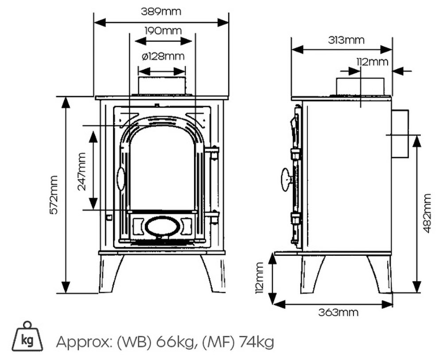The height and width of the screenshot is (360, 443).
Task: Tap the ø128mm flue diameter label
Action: tap(163, 56)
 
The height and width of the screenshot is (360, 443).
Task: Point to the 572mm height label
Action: tap(54, 195)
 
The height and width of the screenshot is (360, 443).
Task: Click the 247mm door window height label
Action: tap(82, 171)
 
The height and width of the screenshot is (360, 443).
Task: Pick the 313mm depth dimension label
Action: tap(346, 40)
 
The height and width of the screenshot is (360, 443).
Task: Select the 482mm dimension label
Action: tap(427, 213)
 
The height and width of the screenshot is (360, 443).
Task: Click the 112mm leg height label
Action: tap(260, 278)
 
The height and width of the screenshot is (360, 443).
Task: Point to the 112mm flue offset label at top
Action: tap(372, 62)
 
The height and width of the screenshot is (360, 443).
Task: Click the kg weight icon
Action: tap(27, 337)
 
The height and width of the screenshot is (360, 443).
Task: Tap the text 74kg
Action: tap(256, 342)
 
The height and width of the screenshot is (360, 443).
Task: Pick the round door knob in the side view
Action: tap(286, 179)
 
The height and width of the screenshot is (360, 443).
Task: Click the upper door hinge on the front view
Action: tap(213, 153)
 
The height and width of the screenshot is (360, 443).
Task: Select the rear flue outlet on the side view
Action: tap(399, 133)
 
